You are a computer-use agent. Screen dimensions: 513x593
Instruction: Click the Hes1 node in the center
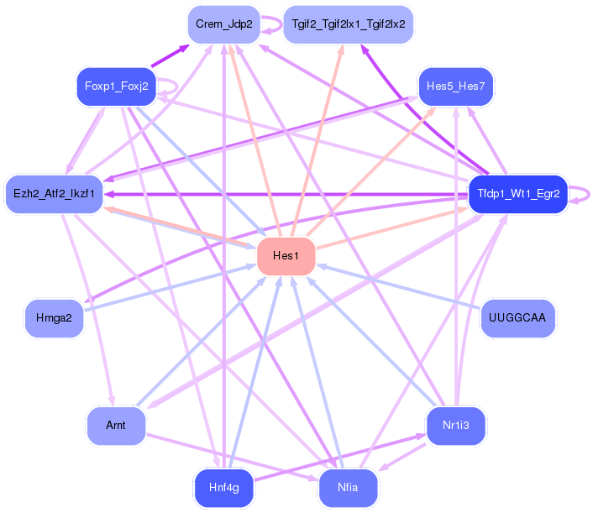coord(286,256)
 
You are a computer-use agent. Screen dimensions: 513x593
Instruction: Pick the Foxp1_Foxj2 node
coord(117,86)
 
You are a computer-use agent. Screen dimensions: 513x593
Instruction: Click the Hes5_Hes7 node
coord(456,86)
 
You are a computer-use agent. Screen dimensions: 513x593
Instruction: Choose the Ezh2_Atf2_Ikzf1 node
coord(54,194)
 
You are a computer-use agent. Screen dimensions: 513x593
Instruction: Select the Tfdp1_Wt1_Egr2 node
coord(517,194)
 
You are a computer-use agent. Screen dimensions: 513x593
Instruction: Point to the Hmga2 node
coord(54,318)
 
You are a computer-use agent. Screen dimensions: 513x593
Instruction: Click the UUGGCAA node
coord(517,318)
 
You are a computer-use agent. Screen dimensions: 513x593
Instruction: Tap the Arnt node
coord(116,426)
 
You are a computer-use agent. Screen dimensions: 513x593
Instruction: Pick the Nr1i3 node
coord(456,426)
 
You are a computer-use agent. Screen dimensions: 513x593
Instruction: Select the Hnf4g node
coord(223,489)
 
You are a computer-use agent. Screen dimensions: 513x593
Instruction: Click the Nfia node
coord(349,489)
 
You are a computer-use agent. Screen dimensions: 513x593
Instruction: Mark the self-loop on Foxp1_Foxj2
coord(171,86)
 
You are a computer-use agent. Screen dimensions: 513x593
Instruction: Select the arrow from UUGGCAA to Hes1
coord(395,285)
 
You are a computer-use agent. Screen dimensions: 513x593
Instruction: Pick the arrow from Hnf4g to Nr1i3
coord(336,458)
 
